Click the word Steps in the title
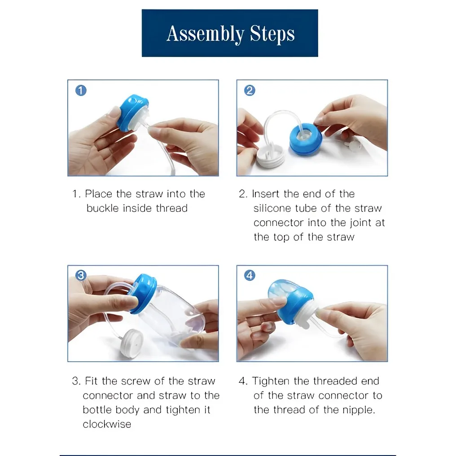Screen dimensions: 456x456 coord(272,35)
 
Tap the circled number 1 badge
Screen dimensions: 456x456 coord(81,91)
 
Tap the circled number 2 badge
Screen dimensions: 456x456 coord(250,91)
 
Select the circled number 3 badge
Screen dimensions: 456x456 coord(81,275)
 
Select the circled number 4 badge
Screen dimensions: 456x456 coord(250,275)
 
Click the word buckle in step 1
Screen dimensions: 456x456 coord(102,208)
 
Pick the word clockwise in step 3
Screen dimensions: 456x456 coord(107,424)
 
